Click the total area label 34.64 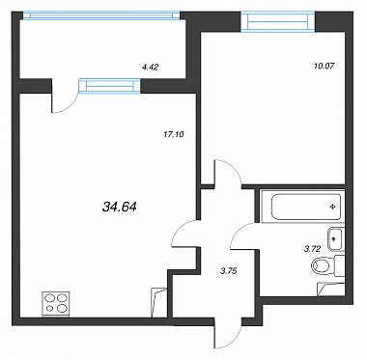(x=120, y=207)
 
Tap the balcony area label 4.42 (x=151, y=68)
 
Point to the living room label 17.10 (x=174, y=134)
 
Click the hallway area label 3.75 (x=228, y=271)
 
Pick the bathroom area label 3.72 (x=312, y=249)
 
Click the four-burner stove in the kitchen (x=56, y=303)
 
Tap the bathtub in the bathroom (x=301, y=207)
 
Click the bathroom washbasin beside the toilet (x=335, y=239)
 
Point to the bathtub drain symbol (x=333, y=208)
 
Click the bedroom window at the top (x=278, y=21)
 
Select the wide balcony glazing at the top (x=101, y=15)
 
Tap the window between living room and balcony (x=110, y=86)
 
